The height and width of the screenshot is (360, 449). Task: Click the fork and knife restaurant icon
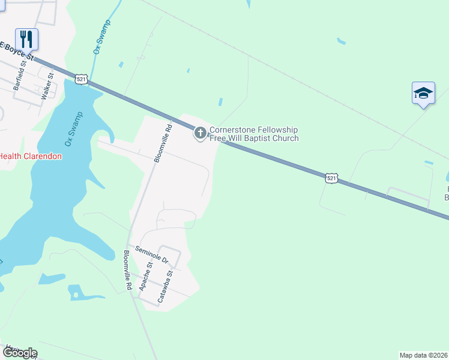26,39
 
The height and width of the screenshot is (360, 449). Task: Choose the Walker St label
47,85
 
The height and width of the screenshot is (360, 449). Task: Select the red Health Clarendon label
30,156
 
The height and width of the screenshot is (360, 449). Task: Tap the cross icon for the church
200,133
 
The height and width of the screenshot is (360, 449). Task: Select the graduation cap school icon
423,93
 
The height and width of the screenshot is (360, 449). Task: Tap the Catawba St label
165,286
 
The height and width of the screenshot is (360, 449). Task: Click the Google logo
19,353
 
